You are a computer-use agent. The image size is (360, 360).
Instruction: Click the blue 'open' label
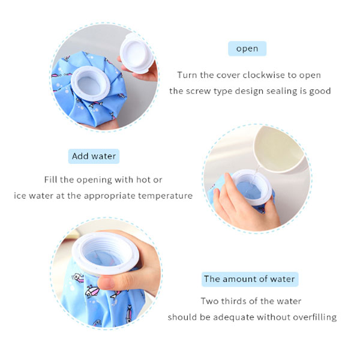click(x=247, y=49)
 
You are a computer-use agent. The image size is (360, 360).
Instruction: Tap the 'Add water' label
click(x=94, y=156)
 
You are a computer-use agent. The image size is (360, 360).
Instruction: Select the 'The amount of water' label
click(x=250, y=279)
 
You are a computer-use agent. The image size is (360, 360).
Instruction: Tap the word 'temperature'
click(x=166, y=196)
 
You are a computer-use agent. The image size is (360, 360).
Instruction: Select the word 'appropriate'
click(x=110, y=196)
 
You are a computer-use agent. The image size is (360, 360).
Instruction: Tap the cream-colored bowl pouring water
click(x=278, y=149)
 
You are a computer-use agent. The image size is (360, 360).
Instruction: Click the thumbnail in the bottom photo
click(x=106, y=283)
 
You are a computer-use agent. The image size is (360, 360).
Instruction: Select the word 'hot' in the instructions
click(x=143, y=179)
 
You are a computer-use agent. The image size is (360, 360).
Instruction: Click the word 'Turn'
click(x=187, y=75)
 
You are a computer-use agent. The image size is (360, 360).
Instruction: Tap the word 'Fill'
click(x=50, y=179)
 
